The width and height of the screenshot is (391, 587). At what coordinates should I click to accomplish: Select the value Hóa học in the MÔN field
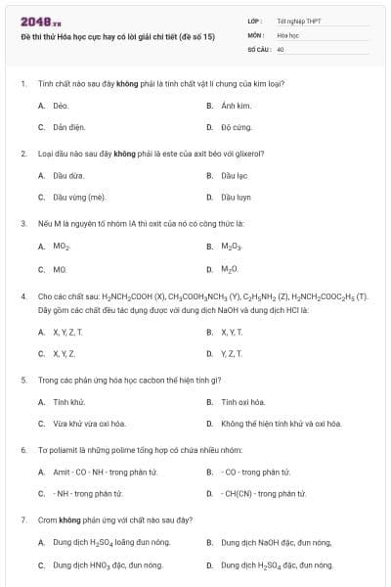287,34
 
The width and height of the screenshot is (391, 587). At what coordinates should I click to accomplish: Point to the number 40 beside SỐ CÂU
281,48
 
